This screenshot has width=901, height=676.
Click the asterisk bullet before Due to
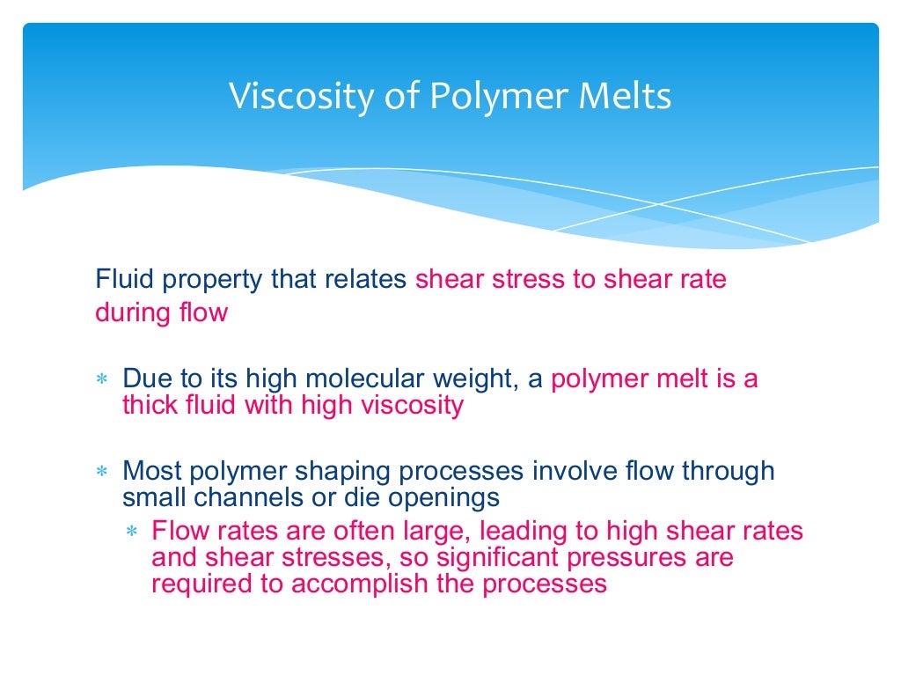coord(100,380)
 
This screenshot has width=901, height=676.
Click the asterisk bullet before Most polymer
coord(100,473)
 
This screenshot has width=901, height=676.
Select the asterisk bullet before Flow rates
coord(132,533)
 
